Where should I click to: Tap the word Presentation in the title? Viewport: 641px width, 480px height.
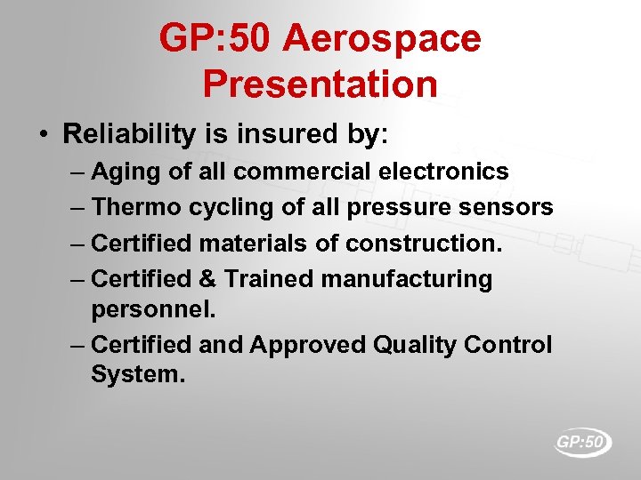(320, 84)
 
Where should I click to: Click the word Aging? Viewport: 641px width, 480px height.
(127, 171)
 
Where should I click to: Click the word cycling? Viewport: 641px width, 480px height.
(221, 207)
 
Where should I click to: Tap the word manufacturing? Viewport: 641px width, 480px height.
(407, 279)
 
